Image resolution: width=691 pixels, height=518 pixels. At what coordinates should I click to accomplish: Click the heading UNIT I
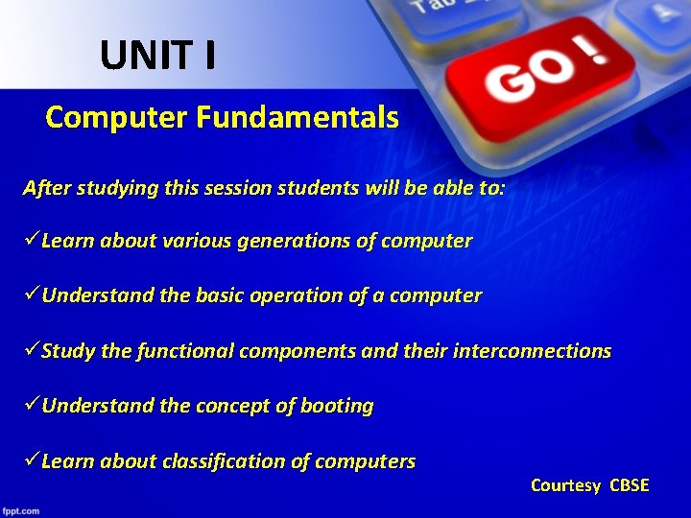click(x=157, y=57)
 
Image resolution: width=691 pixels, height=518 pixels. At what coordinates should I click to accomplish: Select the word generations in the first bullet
click(x=296, y=241)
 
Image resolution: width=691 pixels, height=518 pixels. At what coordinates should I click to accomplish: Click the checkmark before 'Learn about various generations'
click(x=32, y=240)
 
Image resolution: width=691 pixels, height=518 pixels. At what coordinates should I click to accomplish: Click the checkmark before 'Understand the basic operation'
click(x=32, y=294)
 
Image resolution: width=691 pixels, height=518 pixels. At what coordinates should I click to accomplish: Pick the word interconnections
click(x=534, y=351)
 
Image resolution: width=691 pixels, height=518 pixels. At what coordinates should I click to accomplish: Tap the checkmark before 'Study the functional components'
click(x=32, y=350)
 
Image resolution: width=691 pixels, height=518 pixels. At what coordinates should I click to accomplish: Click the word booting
click(x=337, y=406)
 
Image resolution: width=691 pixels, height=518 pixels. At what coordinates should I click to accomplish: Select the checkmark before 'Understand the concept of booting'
click(x=32, y=405)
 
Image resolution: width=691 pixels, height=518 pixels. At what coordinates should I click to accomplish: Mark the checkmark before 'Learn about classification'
click(x=32, y=460)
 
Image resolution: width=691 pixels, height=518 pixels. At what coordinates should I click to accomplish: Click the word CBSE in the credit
click(x=630, y=485)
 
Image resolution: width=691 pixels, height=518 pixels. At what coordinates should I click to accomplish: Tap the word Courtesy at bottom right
click(x=566, y=485)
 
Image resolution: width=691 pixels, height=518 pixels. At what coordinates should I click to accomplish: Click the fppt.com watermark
click(x=21, y=510)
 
